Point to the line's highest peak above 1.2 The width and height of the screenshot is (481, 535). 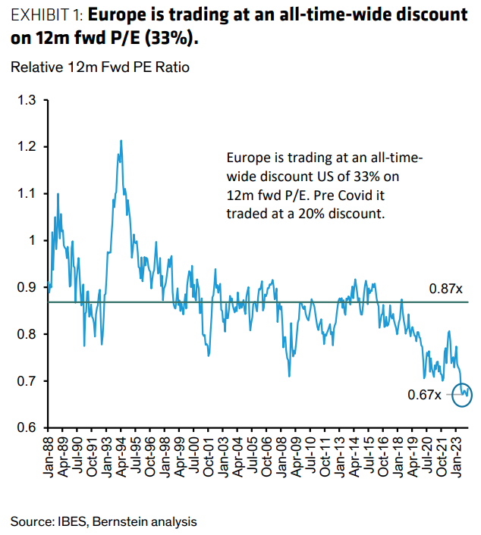coord(121,141)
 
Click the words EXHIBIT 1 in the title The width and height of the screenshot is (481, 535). coord(43,15)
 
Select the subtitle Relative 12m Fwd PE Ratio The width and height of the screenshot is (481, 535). coord(99,67)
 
